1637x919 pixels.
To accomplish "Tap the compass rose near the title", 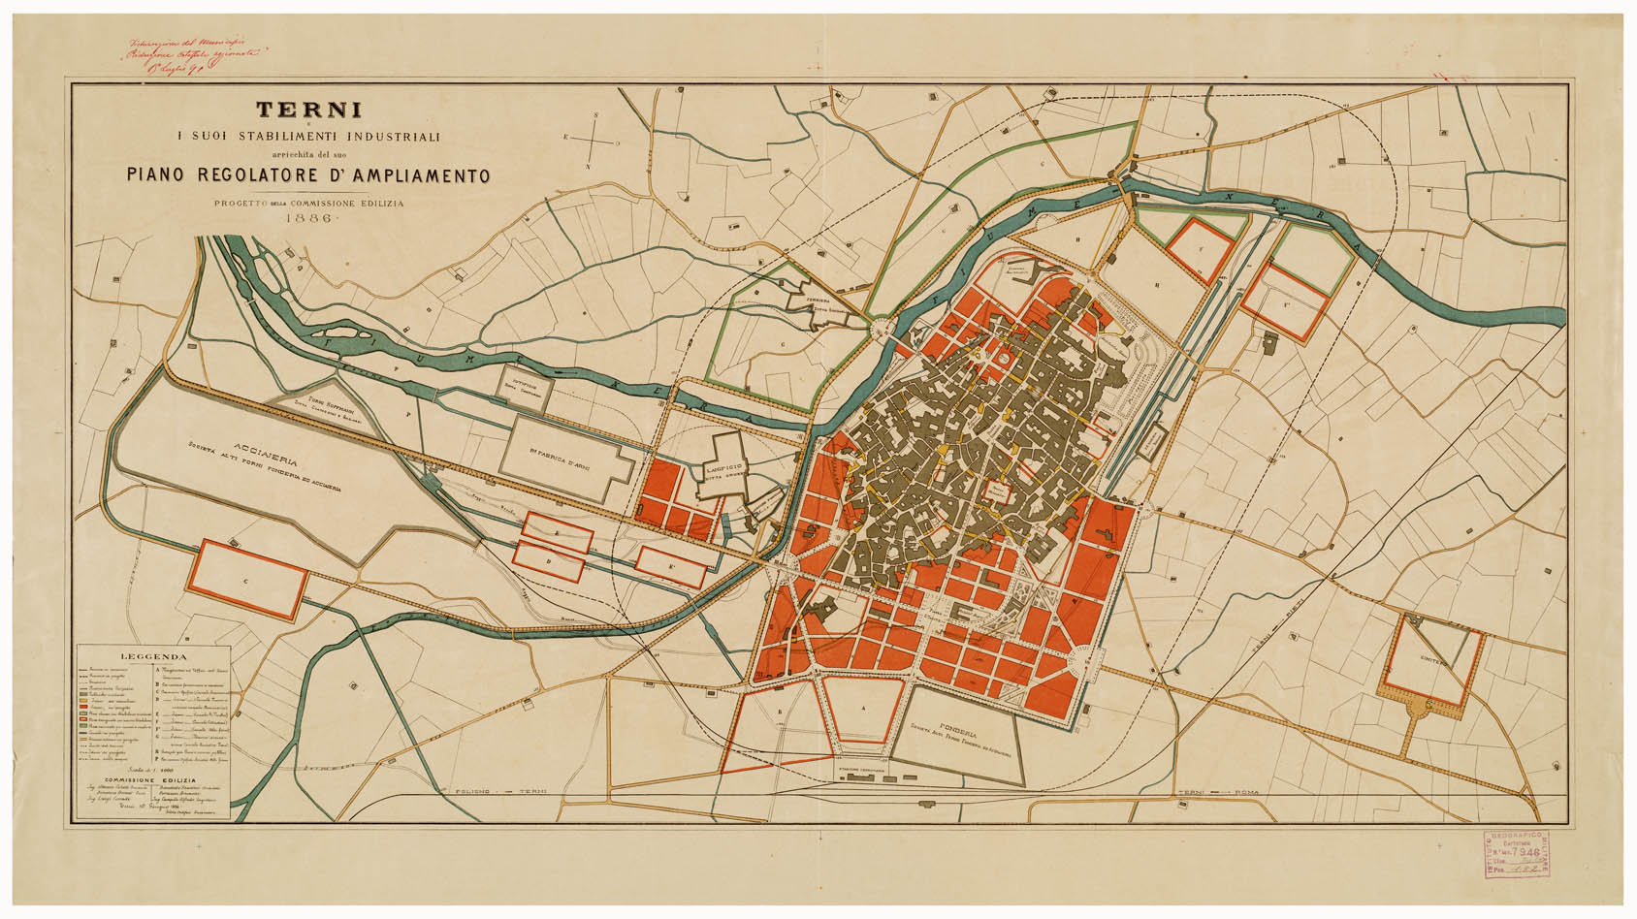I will [x=598, y=141].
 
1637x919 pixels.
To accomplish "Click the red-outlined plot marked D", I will [x=550, y=560].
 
